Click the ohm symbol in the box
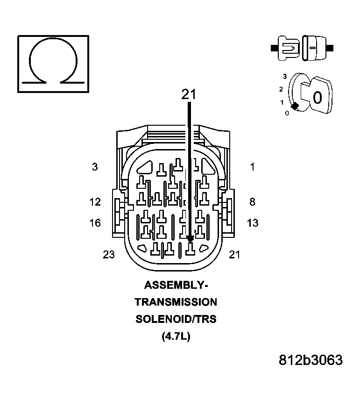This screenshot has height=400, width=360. click(53, 63)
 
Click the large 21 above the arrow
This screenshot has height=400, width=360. click(189, 94)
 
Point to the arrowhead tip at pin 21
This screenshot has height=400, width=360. click(190, 241)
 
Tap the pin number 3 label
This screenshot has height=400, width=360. click(95, 167)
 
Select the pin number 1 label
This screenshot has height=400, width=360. click(253, 167)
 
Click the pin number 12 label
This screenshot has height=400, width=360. click(95, 202)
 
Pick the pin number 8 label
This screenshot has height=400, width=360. click(253, 202)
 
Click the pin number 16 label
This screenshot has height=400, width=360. click(95, 223)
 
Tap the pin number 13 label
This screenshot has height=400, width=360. click(253, 223)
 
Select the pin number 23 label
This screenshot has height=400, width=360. click(109, 255)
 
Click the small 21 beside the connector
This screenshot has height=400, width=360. click(235, 255)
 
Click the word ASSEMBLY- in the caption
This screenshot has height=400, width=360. click(176, 285)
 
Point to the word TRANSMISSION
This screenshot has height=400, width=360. click(176, 302)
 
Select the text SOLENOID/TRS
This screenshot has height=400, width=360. click(176, 320)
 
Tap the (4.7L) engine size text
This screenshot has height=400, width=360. click(176, 336)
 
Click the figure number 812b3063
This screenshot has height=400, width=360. click(311, 360)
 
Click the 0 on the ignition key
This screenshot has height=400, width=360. click(318, 98)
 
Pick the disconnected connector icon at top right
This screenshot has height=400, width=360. click(302, 48)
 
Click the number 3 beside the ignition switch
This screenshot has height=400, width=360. click(284, 76)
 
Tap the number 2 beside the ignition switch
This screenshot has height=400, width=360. click(281, 89)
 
